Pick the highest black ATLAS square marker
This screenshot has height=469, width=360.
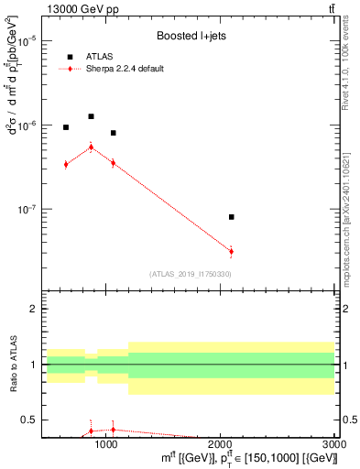pos(91,116)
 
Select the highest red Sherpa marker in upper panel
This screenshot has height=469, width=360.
pos(91,147)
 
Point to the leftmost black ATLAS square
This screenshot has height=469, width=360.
pos(66,127)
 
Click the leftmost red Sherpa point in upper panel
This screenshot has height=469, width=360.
pos(66,164)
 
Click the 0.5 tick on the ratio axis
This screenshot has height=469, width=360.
pos(29,420)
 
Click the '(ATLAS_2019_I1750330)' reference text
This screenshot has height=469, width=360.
pos(190,274)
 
